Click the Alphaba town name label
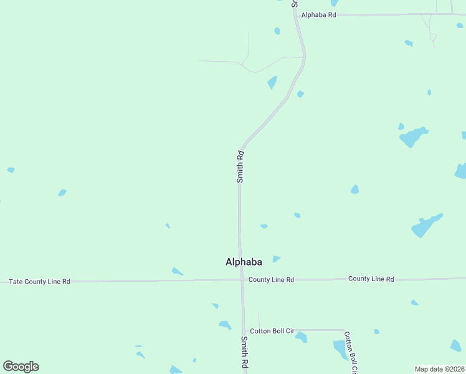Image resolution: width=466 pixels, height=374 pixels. pos(244,262)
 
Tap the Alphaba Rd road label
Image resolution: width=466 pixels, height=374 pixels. pos(318,14)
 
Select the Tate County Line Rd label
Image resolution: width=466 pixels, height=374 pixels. pos(39,282)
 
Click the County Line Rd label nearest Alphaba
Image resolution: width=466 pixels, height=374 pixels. pos(271,280)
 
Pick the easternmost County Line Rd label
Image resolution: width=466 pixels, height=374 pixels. pos(371,279)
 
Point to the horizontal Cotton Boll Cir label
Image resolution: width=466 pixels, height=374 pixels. pos(272,331)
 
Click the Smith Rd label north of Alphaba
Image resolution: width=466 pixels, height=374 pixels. pos(240,166)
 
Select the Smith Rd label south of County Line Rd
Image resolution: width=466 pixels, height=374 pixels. pos(245,353)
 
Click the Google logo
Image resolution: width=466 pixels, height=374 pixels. pos(21,367)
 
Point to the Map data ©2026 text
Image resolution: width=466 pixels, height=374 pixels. pos(439,369)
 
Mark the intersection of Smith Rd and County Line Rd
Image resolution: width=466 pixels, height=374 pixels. pos(242,280)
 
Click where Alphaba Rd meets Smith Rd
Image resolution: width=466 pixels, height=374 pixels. pos(297,14)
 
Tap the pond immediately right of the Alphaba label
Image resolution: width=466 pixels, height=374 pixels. pos(276,259)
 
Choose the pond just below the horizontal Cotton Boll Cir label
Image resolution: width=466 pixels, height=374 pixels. pos(302,338)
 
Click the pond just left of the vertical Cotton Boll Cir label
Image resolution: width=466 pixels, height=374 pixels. pos(340,349)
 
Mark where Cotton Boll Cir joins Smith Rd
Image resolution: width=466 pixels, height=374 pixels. pos(244,330)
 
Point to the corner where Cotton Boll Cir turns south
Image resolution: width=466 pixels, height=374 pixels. pos(345,330)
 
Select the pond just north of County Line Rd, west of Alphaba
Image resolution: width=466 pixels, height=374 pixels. pos(177,271)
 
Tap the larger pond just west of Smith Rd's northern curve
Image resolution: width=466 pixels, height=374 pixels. pos(272,82)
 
